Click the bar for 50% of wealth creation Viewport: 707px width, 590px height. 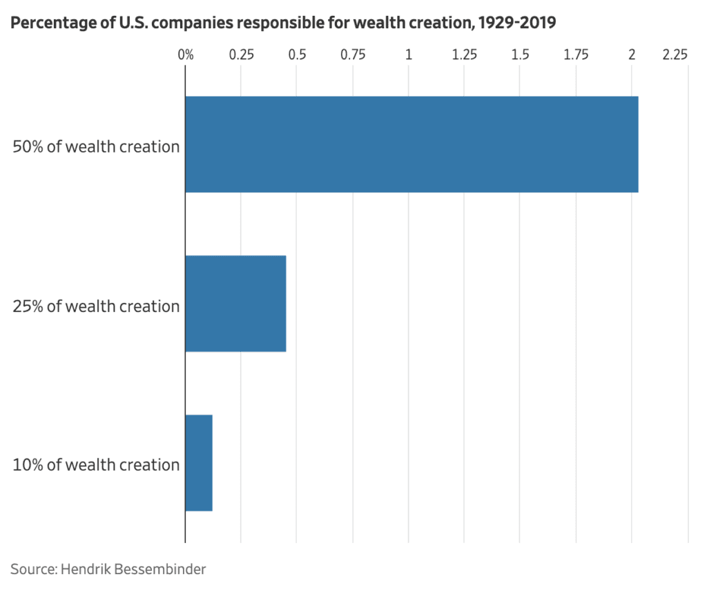[x=411, y=144]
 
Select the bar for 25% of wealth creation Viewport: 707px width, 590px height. [x=235, y=304]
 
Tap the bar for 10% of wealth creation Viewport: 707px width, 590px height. [x=199, y=462]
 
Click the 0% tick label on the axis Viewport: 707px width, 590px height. [x=186, y=55]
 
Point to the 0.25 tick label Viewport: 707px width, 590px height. [x=241, y=55]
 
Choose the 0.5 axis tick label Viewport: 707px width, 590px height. [x=297, y=55]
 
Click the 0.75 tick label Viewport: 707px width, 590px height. [x=353, y=55]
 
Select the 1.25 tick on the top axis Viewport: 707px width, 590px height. [x=465, y=55]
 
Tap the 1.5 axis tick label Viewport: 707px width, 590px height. [x=520, y=55]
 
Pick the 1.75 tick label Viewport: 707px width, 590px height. [x=576, y=55]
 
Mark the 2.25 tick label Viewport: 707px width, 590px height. [x=675, y=55]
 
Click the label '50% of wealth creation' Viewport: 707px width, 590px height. [x=96, y=146]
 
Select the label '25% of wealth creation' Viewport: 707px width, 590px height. [x=96, y=306]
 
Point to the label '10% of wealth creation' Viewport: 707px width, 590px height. [x=96, y=464]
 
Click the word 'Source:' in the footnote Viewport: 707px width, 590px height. [x=33, y=569]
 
